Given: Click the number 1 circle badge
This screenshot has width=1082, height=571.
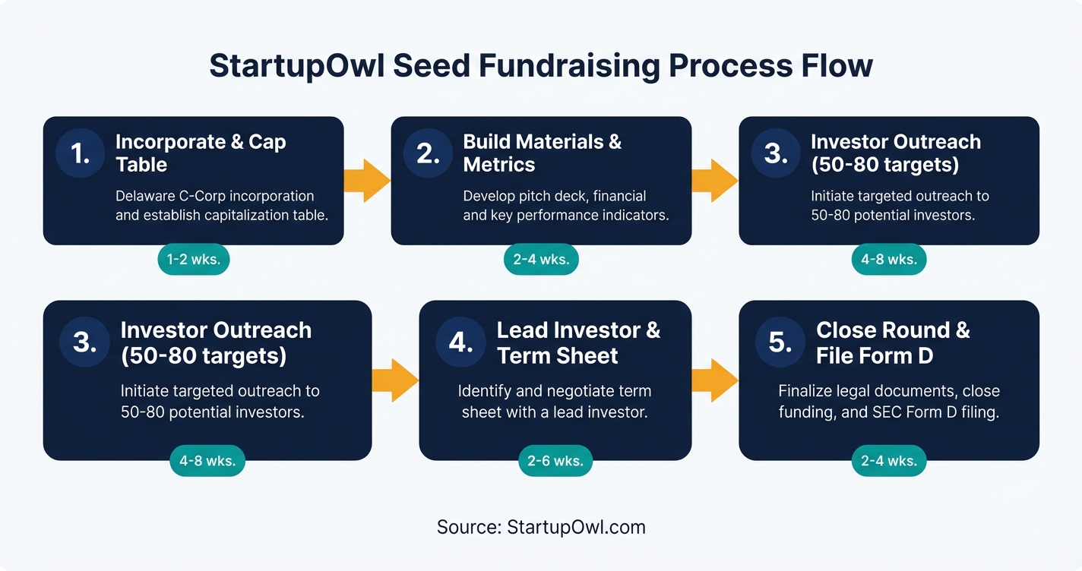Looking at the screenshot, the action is pos(81,153).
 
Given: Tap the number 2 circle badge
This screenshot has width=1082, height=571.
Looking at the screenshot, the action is pos(429,153).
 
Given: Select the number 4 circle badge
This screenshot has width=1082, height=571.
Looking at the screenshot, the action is pos(460,342).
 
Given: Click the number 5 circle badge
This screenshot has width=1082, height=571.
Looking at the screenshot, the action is pos(780,342).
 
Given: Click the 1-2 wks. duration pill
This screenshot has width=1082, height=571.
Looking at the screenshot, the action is pos(193,260).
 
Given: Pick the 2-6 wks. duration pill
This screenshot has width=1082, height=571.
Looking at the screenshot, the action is pos(555,460).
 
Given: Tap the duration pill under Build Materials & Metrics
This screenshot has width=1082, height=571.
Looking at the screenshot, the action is pos(541,260).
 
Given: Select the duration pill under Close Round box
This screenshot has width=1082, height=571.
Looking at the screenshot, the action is pos(888,460).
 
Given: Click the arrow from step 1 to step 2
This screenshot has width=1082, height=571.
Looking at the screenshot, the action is pos(367,181).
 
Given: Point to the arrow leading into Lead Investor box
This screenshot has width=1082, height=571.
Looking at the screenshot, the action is pos(395,380).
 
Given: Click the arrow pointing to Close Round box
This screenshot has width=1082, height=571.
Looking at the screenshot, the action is pos(714,380).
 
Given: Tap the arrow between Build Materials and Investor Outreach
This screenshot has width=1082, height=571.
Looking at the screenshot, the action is pos(714,181).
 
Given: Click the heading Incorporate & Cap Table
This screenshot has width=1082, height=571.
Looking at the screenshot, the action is pos(200,153).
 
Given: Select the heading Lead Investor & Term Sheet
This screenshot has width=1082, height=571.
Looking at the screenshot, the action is pos(578,342).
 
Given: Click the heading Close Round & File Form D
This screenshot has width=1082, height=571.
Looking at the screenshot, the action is pos(893,342).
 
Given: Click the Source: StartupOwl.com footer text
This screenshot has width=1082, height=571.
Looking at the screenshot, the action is pos(541,527).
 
